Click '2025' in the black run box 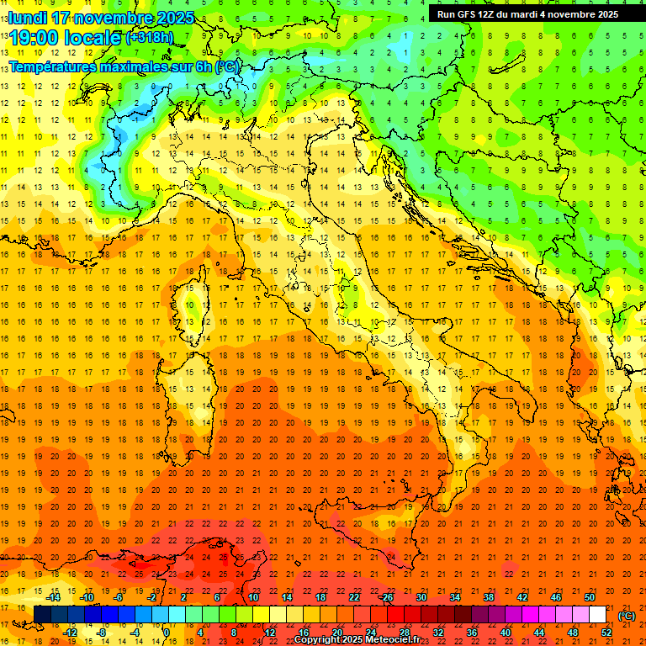pos(604,14)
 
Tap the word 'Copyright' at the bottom pos(317,640)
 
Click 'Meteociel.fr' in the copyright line pos(393,640)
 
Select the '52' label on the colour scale pos(606,633)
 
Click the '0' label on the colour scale pos(166,633)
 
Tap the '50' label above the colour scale pos(590,597)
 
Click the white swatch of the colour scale pos(597,615)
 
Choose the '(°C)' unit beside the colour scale pos(627,616)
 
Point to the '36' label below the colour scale pos(471,633)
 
